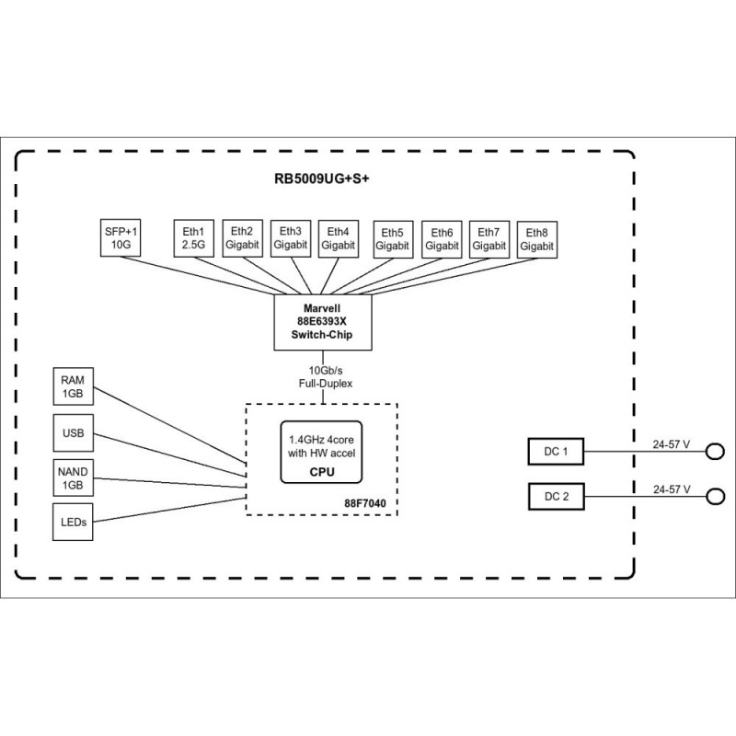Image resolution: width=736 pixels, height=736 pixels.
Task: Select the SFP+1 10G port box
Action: pyautogui.click(x=121, y=239)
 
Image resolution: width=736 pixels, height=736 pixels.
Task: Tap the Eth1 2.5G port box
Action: pyautogui.click(x=194, y=239)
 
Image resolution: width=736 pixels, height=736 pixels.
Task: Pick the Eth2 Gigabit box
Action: pyautogui.click(x=243, y=239)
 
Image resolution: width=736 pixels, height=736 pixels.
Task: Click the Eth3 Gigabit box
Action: pyautogui.click(x=291, y=239)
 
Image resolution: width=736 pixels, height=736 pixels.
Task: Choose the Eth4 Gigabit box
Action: pyautogui.click(x=339, y=239)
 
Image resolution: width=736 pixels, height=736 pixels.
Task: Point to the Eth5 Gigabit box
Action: pyautogui.click(x=393, y=239)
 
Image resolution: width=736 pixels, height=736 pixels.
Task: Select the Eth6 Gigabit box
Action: pyautogui.click(x=442, y=239)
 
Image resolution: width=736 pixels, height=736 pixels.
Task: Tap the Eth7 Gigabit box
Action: pyautogui.click(x=489, y=239)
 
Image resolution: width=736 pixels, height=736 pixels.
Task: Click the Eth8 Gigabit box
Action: pyautogui.click(x=537, y=239)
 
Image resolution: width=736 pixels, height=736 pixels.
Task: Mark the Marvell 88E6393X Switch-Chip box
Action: pyautogui.click(x=323, y=322)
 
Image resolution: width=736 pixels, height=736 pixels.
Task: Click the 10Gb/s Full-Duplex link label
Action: pyautogui.click(x=323, y=375)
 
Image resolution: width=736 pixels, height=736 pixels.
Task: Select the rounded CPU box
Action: pyautogui.click(x=320, y=452)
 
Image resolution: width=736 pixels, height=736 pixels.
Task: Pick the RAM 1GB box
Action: pyautogui.click(x=73, y=385)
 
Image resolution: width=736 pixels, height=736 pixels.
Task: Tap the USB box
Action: pyautogui.click(x=73, y=432)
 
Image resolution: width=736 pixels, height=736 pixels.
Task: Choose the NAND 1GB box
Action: pyautogui.click(x=73, y=478)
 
